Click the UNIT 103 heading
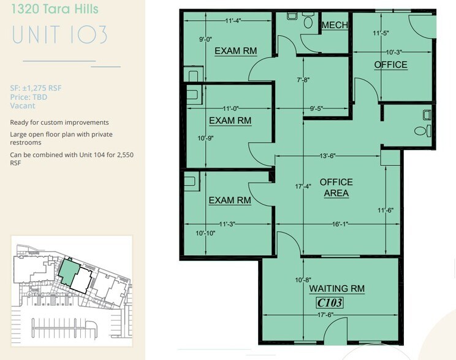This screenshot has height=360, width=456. [x=60, y=34]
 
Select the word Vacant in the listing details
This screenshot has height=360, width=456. [x=23, y=105]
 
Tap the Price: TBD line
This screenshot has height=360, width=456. [x=29, y=97]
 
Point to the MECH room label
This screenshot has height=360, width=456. [x=335, y=24]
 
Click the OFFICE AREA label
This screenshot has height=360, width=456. [x=336, y=187]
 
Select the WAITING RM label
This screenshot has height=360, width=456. [x=336, y=288]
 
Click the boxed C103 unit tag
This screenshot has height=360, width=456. [x=329, y=302]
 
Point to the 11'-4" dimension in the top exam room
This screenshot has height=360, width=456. [x=233, y=20]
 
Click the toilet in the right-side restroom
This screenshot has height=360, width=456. [x=420, y=130]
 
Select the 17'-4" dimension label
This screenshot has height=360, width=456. [x=303, y=186]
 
